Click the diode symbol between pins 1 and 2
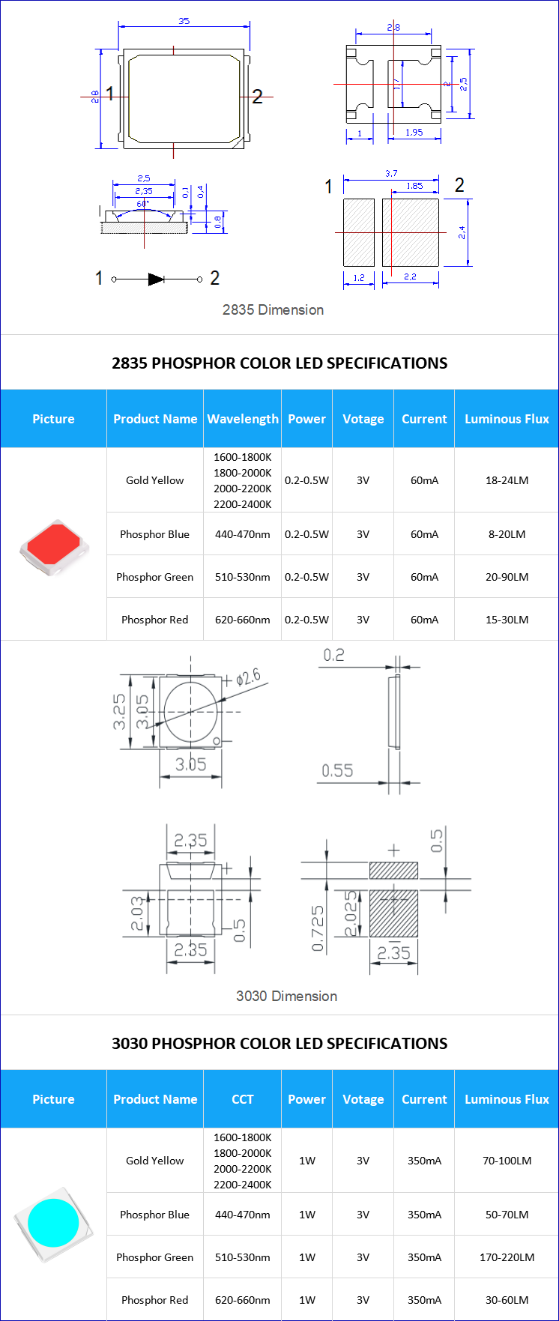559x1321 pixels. point(156,279)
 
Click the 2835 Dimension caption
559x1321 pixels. point(273,309)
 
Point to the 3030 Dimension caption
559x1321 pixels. point(286,996)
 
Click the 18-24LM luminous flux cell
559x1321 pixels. point(507,480)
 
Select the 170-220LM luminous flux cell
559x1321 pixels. point(507,1257)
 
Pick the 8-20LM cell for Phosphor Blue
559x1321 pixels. point(507,534)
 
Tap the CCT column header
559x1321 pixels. point(242,1099)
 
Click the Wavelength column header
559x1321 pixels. point(242,419)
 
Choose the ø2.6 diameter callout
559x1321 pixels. point(247,678)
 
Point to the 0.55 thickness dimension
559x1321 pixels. point(337,771)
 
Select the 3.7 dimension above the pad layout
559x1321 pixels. point(391,173)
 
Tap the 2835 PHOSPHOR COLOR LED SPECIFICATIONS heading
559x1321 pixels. point(279,363)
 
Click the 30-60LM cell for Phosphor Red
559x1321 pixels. point(507,1300)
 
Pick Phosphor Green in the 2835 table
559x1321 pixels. point(154,577)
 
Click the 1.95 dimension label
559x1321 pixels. point(414,133)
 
